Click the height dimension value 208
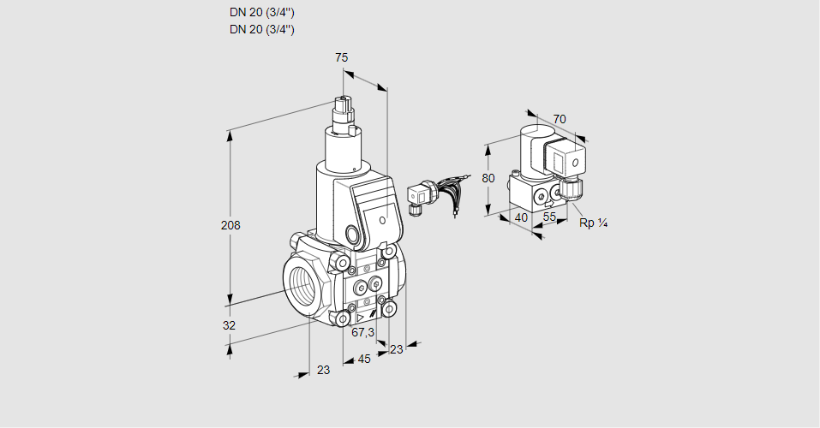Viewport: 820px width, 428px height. [x=230, y=226]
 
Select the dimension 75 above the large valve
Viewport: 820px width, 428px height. [x=341, y=57]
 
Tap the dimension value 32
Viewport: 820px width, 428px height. [x=229, y=325]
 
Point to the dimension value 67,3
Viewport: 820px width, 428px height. [x=363, y=332]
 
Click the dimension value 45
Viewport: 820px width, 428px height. [x=364, y=359]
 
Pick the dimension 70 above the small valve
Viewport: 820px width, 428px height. [x=560, y=119]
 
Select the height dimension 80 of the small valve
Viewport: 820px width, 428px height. [x=488, y=179]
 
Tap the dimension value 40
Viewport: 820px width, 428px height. [x=520, y=217]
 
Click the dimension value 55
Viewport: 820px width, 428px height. [x=550, y=217]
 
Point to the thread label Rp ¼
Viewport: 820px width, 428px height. [x=594, y=223]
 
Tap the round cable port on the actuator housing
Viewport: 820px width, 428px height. [x=353, y=234]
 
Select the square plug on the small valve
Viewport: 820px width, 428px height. [x=566, y=158]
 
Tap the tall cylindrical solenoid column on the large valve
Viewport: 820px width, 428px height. [x=347, y=150]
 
